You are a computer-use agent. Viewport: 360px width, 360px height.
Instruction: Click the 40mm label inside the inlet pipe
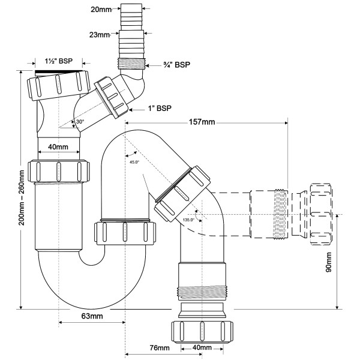58,147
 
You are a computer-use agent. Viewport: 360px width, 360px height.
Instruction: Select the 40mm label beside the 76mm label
202,348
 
